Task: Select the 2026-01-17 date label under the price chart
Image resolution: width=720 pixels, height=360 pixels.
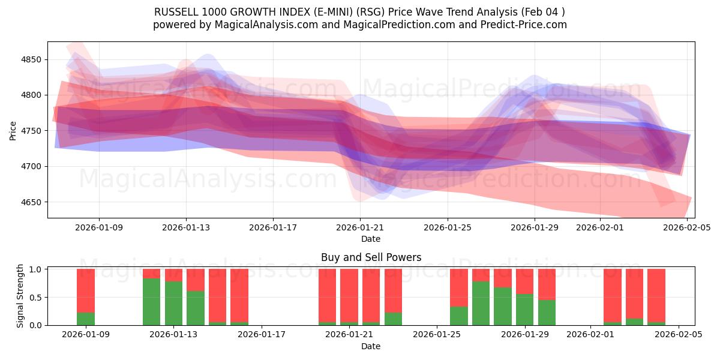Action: pyautogui.click(x=273, y=227)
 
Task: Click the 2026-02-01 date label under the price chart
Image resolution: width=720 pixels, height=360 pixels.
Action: pyautogui.click(x=600, y=227)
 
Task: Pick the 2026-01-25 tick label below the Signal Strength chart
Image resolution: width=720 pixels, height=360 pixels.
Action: pyautogui.click(x=437, y=334)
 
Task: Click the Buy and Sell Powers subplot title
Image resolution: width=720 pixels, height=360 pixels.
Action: pyautogui.click(x=371, y=257)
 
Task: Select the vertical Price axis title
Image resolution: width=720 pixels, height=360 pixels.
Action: pyautogui.click(x=13, y=130)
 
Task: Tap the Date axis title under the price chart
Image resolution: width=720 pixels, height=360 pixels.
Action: pyautogui.click(x=371, y=239)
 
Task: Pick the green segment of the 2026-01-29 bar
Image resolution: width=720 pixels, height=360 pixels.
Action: pyautogui.click(x=524, y=310)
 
